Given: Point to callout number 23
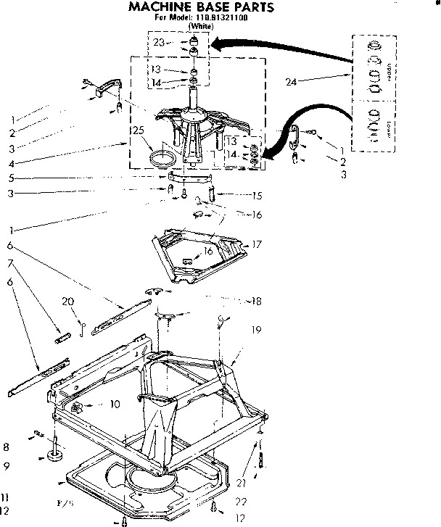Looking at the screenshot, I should [159, 43].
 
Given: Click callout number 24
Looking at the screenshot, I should [291, 82].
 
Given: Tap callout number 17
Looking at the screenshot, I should [255, 245].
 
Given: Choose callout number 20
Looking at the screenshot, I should [67, 301].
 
